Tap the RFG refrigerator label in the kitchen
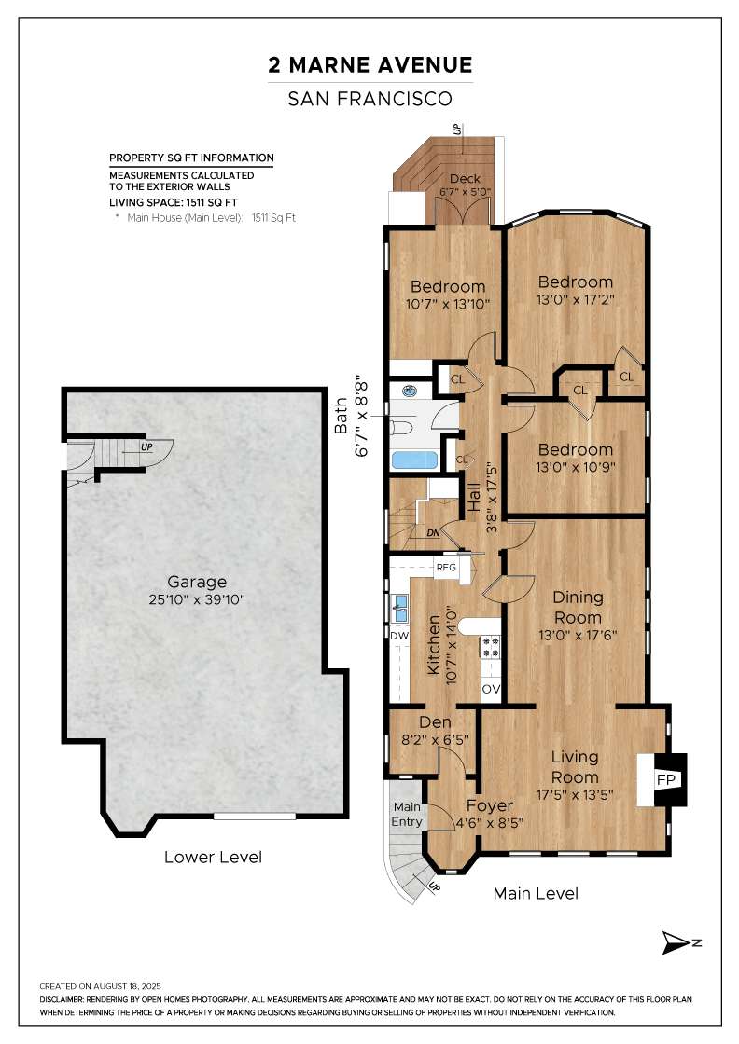446,568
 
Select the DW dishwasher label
399,636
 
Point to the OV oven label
491,689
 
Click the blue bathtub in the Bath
413,460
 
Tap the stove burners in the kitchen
491,647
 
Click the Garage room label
197,582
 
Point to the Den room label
435,722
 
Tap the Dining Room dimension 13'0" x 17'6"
578,635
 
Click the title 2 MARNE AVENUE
370,65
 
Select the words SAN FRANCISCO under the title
370,99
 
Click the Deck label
465,178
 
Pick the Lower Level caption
214,857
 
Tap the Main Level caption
536,894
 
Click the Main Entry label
407,815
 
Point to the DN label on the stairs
433,533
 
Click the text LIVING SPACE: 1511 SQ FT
174,202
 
